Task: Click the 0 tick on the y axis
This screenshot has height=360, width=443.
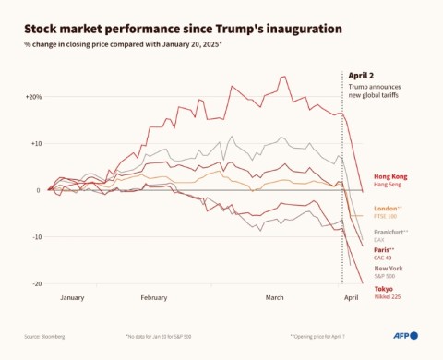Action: pyautogui.click(x=38, y=190)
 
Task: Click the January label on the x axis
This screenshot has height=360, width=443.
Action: pyautogui.click(x=72, y=298)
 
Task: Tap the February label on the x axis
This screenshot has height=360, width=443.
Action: pyautogui.click(x=154, y=298)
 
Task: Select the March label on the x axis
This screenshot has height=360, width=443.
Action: pyautogui.click(x=274, y=298)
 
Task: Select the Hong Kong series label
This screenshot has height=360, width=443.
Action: pyautogui.click(x=390, y=176)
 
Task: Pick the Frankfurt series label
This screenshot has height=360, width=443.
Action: pyautogui.click(x=391, y=231)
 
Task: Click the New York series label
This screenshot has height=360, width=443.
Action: pyautogui.click(x=389, y=269)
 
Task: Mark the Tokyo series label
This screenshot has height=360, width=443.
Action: pyautogui.click(x=383, y=289)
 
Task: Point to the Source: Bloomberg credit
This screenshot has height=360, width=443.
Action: pyautogui.click(x=44, y=335)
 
